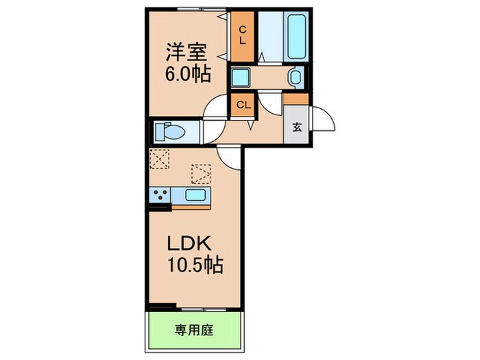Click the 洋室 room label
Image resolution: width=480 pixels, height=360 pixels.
pos(185,51)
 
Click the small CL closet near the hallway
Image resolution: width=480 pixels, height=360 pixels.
pos(242,105)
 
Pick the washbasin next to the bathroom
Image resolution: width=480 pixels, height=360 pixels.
pos(296,77)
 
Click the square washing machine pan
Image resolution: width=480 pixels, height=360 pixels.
pos(241,77)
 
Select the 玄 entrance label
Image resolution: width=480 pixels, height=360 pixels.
pos(297,126)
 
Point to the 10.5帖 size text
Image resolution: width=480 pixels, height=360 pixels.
pos(195,265)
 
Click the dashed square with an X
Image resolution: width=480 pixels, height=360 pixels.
pos(159,158)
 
